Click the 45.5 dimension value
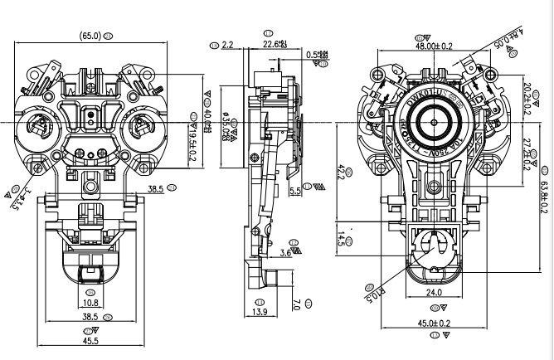coord(90,340)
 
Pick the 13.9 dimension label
coord(259,311)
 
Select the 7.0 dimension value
coord(296,304)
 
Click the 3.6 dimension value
coord(286,251)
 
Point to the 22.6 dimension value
coord(271,43)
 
